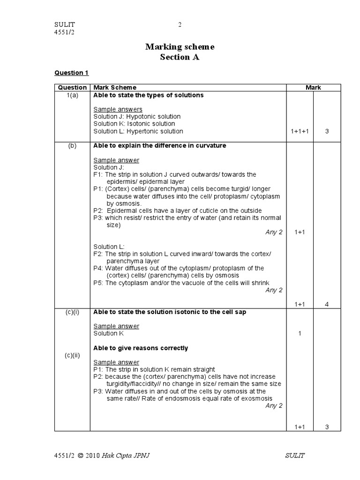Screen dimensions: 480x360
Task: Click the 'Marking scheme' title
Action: [x=180, y=46]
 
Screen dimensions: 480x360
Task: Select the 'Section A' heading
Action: [x=180, y=57]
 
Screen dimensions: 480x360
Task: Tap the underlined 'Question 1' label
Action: [x=71, y=73]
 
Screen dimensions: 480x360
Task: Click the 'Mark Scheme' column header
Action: [x=115, y=87]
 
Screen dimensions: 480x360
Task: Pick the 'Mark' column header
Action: [x=313, y=87]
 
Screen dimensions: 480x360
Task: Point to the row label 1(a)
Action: [x=73, y=95]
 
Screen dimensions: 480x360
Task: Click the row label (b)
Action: [x=72, y=145]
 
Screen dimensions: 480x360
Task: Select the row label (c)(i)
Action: [x=72, y=312]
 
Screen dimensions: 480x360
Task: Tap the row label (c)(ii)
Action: [x=73, y=355]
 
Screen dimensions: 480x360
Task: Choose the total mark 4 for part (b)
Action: [x=327, y=304]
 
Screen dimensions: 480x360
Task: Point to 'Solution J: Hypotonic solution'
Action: [x=137, y=116]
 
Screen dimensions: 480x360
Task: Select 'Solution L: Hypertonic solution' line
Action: [x=138, y=131]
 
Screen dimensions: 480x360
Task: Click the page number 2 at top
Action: [x=180, y=25]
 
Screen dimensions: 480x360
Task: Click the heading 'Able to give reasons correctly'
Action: [x=141, y=348]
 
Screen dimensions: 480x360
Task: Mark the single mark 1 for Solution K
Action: [x=300, y=333]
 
